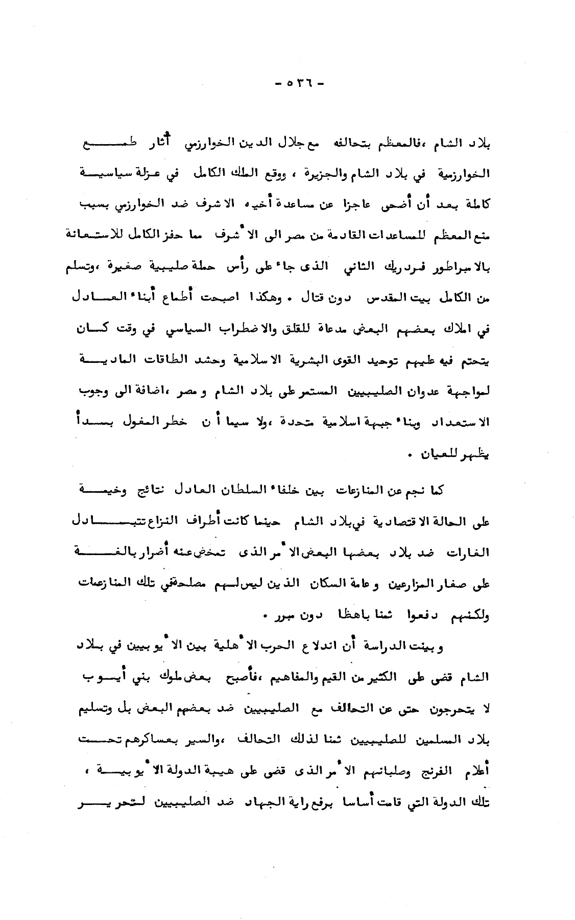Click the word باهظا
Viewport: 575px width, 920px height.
(360, 616)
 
